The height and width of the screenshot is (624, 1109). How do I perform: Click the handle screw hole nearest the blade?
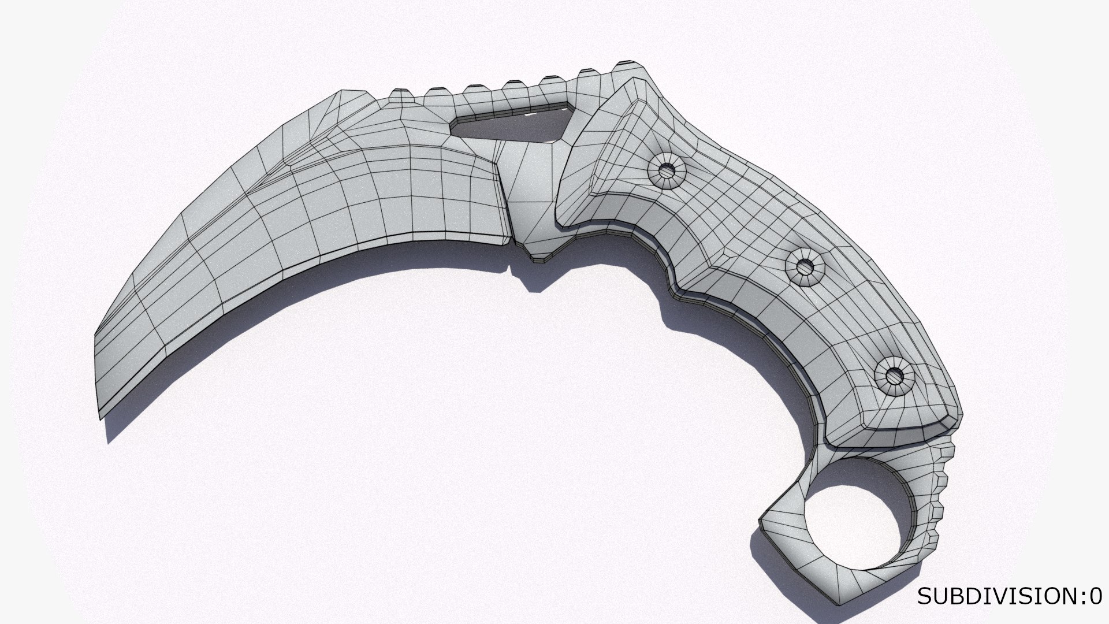tap(667, 170)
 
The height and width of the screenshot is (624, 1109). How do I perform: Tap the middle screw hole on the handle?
tap(805, 268)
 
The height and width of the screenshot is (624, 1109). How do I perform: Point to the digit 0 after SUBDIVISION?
tap(1095, 596)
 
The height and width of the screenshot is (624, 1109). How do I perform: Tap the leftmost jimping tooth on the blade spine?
tap(399, 94)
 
